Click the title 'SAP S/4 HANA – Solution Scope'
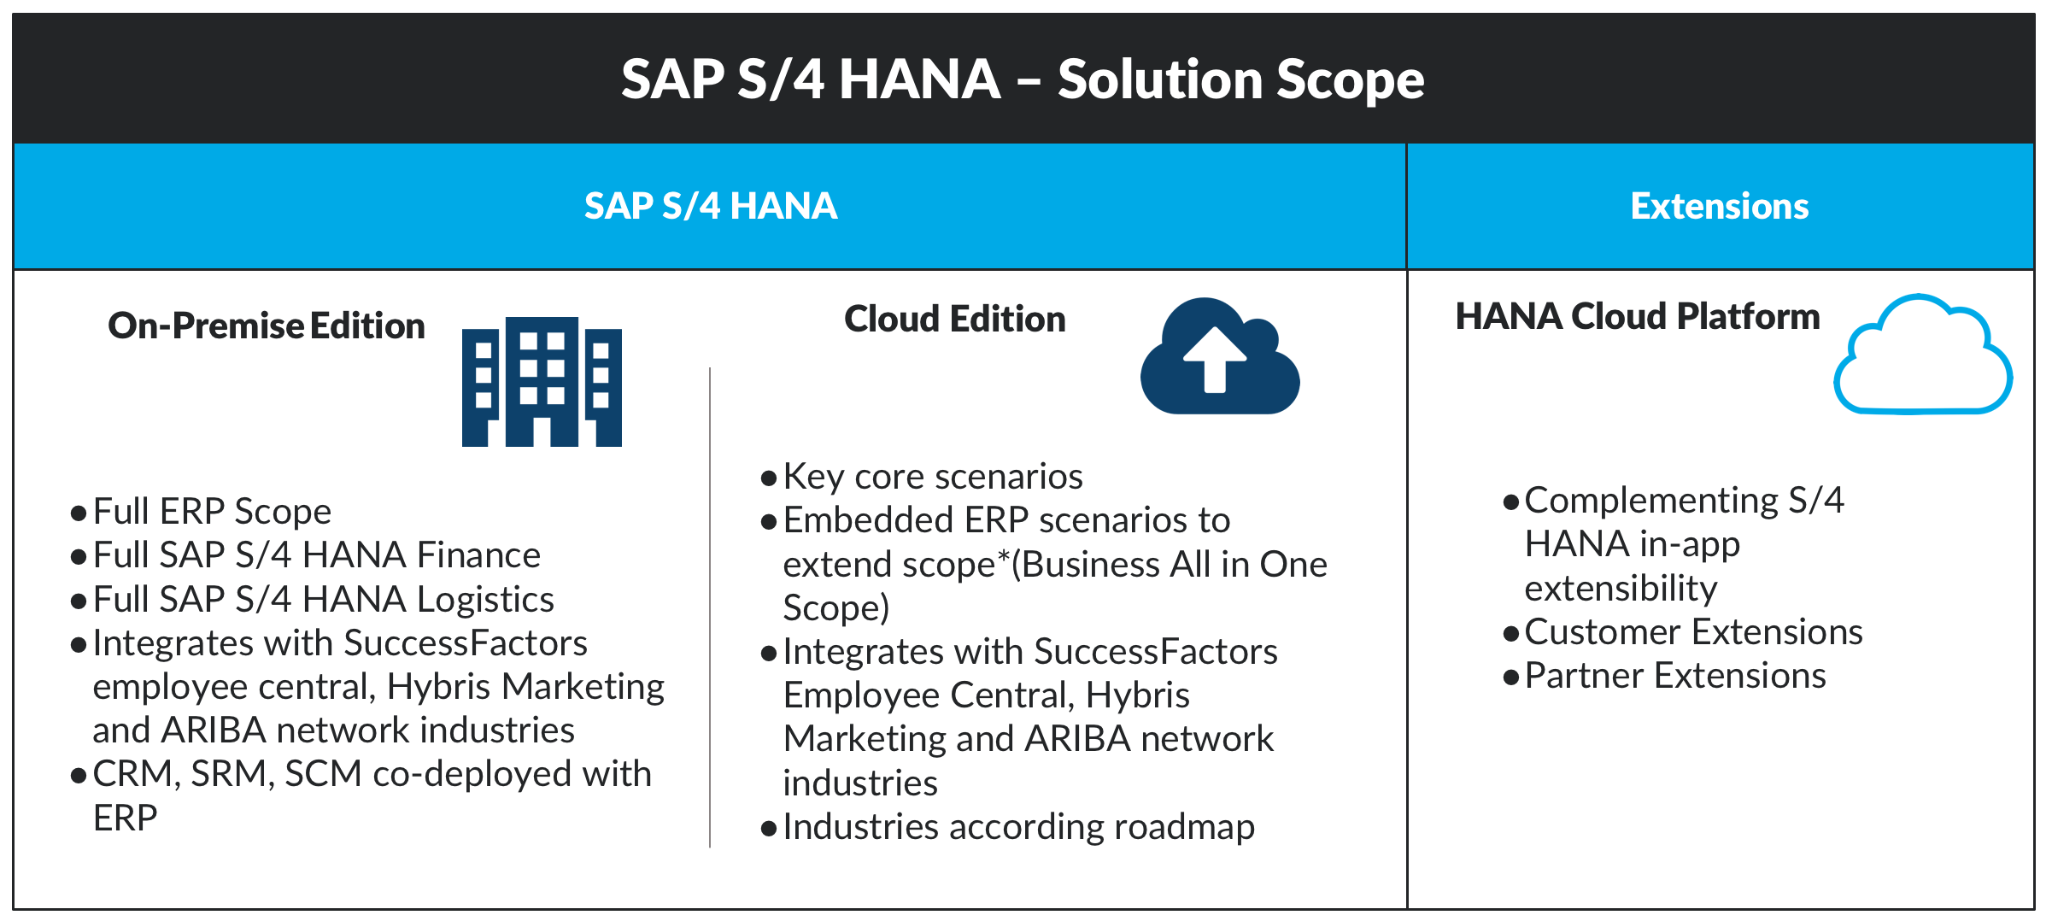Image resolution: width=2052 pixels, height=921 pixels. click(1023, 79)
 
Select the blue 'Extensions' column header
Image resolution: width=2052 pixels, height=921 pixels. click(1720, 206)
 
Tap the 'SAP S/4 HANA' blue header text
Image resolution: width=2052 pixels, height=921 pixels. click(711, 206)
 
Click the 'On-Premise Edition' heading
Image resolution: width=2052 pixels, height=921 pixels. click(267, 326)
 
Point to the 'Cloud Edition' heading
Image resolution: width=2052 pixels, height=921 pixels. click(955, 319)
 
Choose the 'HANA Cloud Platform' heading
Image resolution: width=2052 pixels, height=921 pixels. click(1638, 316)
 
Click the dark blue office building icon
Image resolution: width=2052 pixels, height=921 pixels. click(542, 382)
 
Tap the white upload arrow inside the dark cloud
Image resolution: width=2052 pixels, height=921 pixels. click(1215, 360)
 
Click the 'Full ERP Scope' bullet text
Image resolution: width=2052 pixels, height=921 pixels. click(212, 512)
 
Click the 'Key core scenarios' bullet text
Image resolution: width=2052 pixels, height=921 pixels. click(933, 477)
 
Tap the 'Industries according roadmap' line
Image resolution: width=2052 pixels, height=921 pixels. click(1019, 827)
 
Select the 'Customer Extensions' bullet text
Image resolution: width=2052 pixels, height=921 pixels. click(1694, 632)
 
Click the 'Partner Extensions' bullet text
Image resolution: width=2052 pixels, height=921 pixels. click(1675, 676)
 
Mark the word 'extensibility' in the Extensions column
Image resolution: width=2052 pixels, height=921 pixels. click(1621, 589)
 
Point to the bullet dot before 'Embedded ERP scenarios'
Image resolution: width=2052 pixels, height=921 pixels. click(769, 521)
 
